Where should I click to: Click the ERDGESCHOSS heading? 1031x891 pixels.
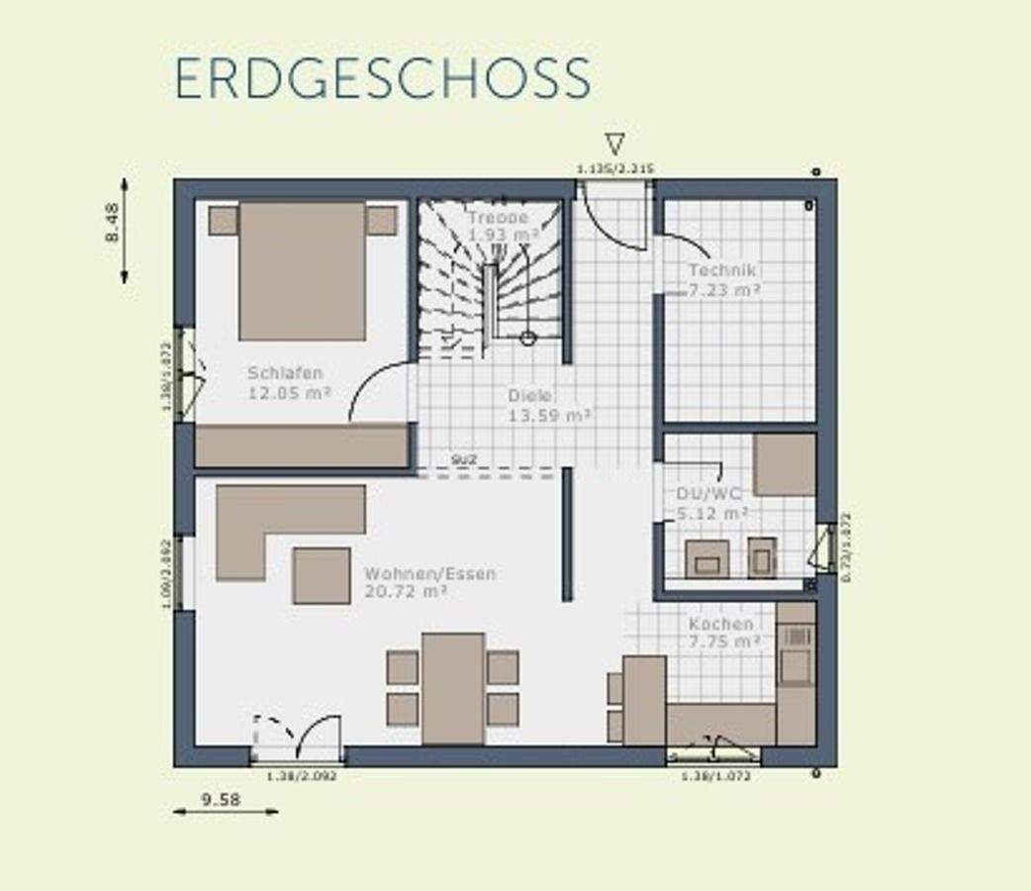383,79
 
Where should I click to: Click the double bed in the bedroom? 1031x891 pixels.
302,270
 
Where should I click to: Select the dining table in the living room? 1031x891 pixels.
453,688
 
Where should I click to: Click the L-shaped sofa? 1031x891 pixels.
277,520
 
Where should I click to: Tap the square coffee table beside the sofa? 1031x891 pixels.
322,575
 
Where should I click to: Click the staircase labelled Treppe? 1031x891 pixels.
490,277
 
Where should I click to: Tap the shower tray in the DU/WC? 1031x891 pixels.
785,464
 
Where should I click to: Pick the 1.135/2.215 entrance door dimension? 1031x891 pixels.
614,168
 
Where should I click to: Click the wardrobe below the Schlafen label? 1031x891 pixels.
302,446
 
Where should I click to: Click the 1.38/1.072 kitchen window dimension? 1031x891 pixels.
715,776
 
